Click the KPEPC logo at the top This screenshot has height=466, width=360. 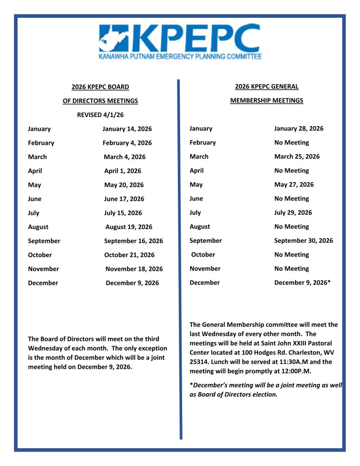[x=180, y=42]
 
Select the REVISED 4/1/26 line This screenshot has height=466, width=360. [x=100, y=115]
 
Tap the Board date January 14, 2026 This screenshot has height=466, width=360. [x=127, y=129]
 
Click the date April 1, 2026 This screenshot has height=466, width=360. [x=123, y=171]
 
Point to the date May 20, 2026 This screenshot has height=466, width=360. [x=124, y=185]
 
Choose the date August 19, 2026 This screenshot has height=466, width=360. [x=129, y=227]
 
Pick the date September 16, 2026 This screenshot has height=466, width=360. [x=134, y=241]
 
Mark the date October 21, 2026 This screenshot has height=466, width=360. [x=129, y=255]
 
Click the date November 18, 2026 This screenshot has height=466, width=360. [x=134, y=269]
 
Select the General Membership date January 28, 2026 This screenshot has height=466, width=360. [x=299, y=129]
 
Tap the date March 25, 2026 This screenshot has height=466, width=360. [x=297, y=156]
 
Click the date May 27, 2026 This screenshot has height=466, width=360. [x=294, y=184]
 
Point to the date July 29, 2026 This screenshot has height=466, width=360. [x=293, y=212]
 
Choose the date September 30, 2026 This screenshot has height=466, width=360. [x=303, y=240]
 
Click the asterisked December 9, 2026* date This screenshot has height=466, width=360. [x=302, y=283]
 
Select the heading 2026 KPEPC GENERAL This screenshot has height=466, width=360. [x=267, y=87]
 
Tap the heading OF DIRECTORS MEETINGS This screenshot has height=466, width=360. [x=100, y=101]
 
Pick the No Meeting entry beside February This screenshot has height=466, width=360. [x=291, y=143]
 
